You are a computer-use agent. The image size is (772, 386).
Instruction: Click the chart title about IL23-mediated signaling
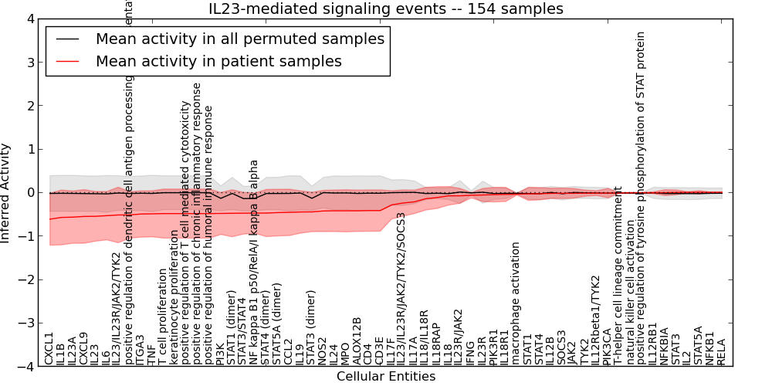[x=386, y=8]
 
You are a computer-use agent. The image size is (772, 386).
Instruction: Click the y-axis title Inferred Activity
[x=6, y=193]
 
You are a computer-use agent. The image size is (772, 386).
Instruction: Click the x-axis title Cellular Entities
[x=386, y=377]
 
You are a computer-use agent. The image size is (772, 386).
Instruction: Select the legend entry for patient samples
[x=218, y=61]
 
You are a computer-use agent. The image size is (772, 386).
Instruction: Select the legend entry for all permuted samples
[x=239, y=39]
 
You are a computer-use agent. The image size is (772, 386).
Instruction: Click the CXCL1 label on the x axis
[x=49, y=348]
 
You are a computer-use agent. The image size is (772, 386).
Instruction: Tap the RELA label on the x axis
[x=722, y=351]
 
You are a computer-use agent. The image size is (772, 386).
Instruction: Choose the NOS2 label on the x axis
[x=323, y=350]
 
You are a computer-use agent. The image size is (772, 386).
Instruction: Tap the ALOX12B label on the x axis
[x=357, y=340]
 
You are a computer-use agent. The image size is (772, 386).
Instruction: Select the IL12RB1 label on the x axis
[x=653, y=344]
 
